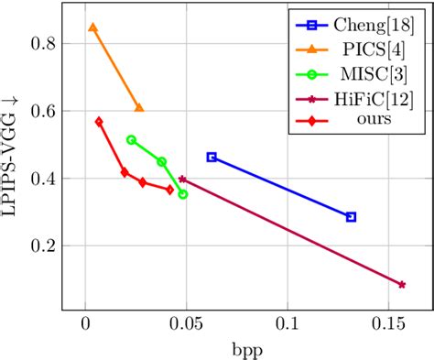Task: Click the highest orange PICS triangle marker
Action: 92,27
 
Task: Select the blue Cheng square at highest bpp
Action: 351,217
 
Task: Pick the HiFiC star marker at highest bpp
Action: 402,285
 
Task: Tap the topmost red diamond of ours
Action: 99,121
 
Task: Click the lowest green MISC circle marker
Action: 183,194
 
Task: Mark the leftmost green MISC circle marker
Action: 131,139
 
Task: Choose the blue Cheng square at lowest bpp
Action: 212,157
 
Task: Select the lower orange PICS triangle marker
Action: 139,107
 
